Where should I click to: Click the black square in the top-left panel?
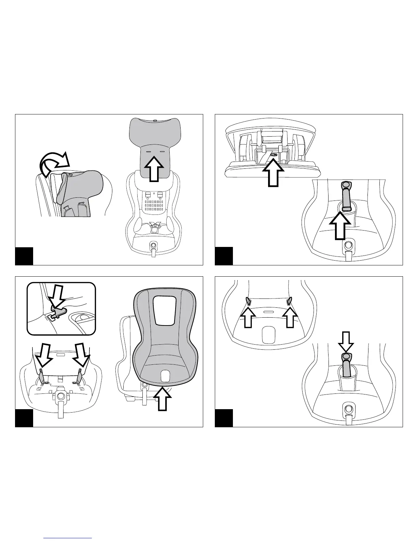(x=24, y=256)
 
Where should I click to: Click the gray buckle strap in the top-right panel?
(x=346, y=196)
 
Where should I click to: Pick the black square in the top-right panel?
(x=224, y=256)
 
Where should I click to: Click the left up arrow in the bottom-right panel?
(x=249, y=316)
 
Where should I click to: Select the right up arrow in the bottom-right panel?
(x=290, y=316)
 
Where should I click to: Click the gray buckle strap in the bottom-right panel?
(x=346, y=365)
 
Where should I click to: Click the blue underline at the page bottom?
(x=68, y=538)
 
